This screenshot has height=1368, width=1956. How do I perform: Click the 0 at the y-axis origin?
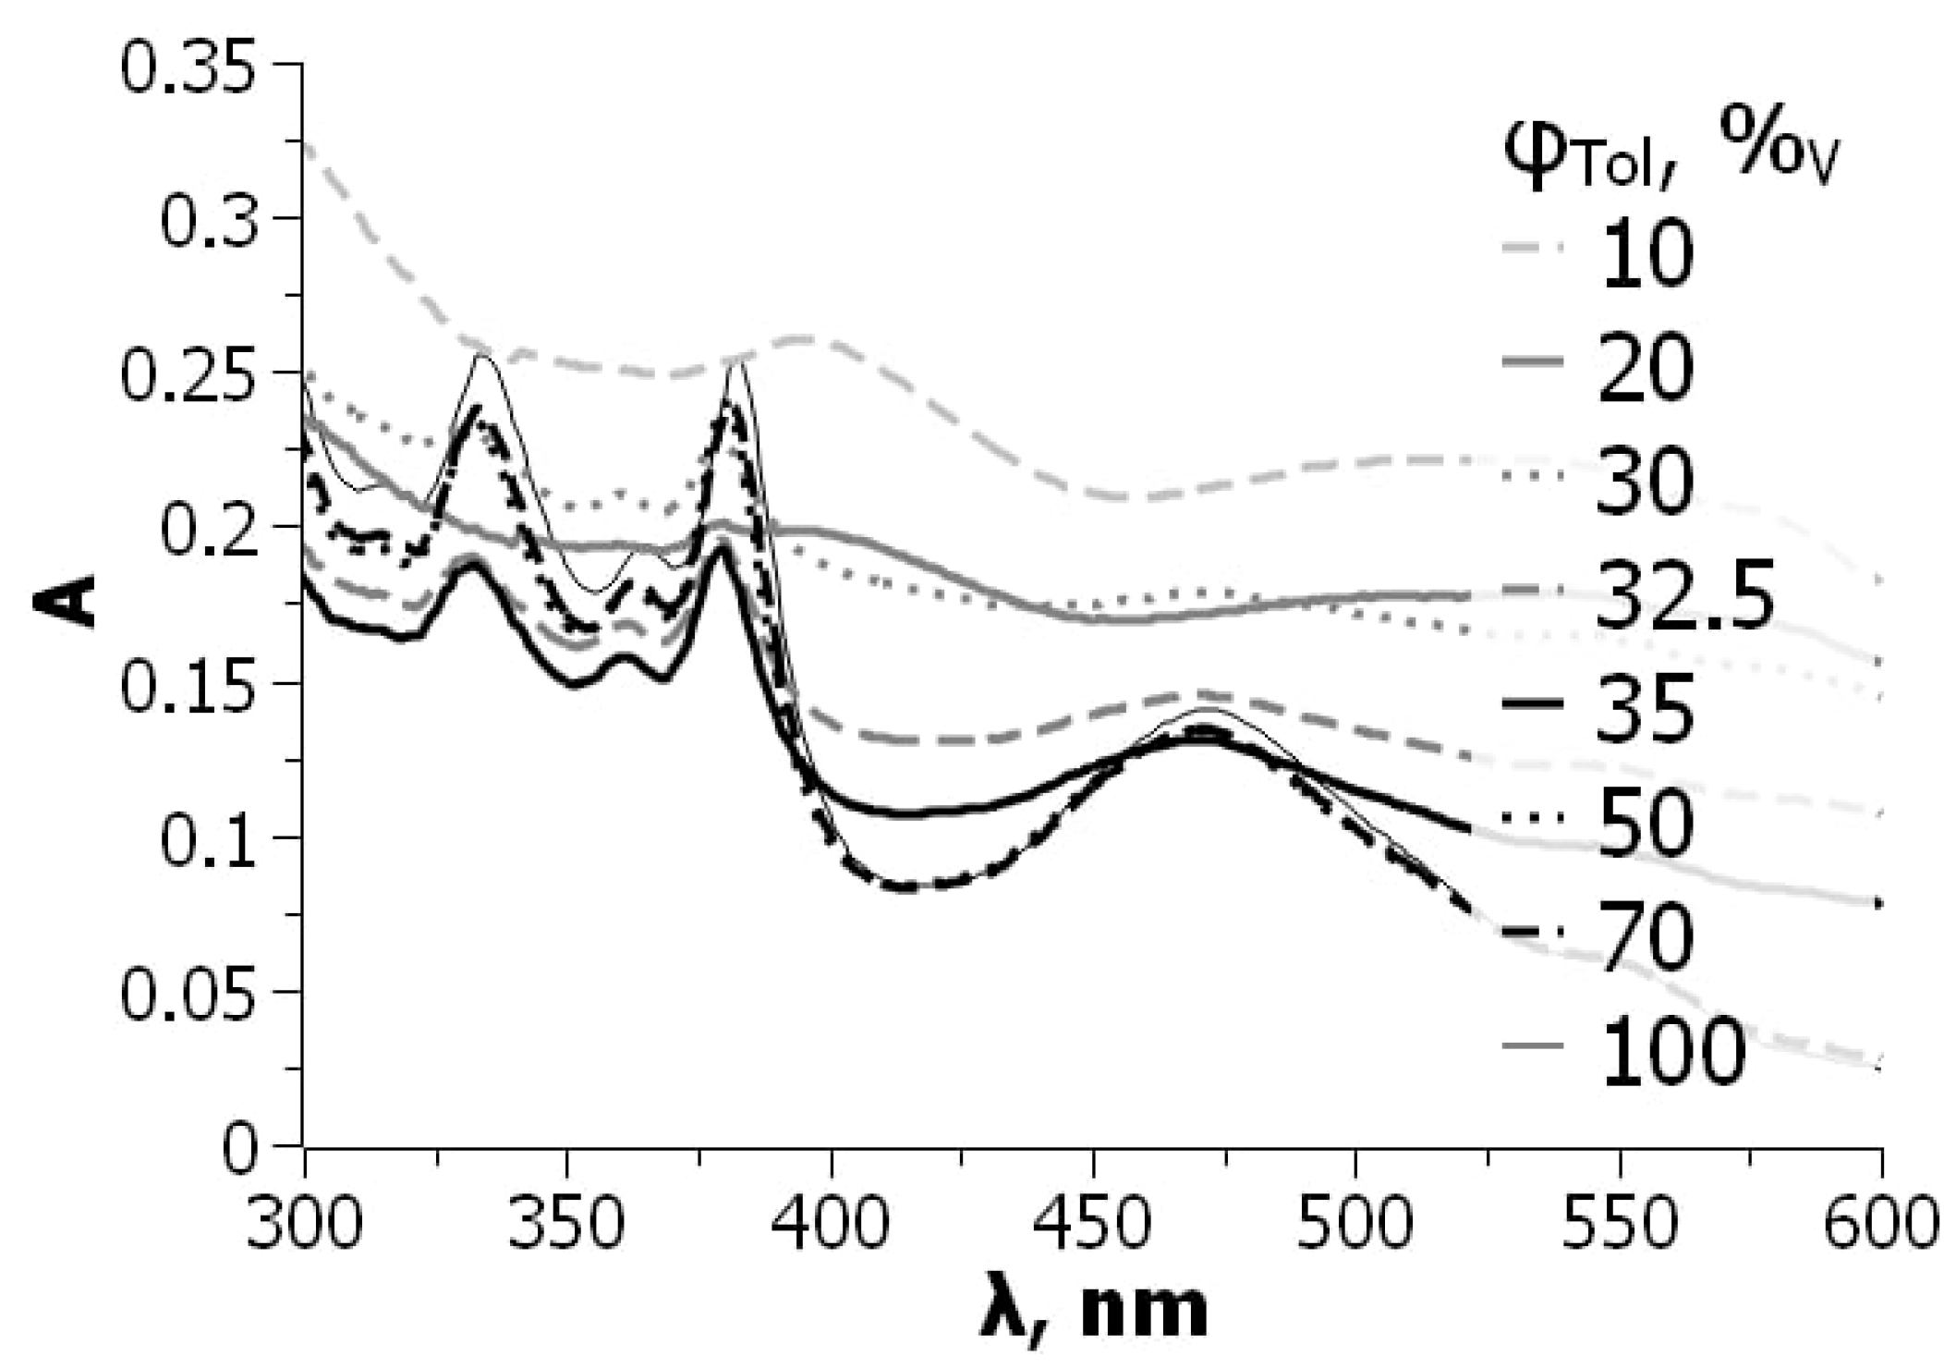239,1149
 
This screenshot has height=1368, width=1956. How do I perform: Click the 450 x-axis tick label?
1093,1223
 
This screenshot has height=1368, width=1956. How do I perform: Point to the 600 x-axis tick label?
1879,1223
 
